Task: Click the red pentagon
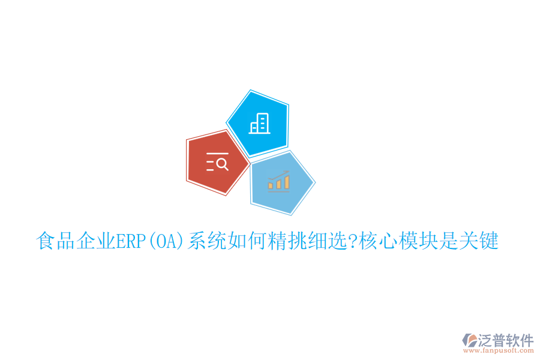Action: point(216,162)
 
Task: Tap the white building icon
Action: point(260,123)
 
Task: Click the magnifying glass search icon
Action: point(217,162)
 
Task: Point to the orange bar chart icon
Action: point(279,181)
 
